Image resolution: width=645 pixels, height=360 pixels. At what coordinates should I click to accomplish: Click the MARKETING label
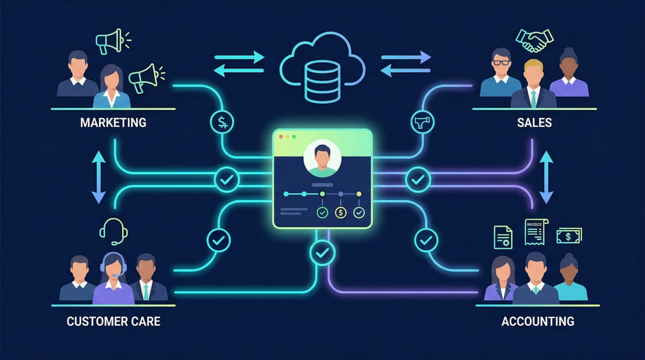pyautogui.click(x=113, y=122)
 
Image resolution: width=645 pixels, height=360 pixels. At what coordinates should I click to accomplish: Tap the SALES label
pyautogui.click(x=534, y=122)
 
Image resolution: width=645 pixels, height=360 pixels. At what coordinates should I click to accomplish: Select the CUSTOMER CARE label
pyautogui.click(x=113, y=320)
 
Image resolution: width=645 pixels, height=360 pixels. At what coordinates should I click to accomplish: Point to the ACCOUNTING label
pyautogui.click(x=537, y=320)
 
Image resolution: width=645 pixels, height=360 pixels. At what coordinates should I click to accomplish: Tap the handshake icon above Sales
pyautogui.click(x=535, y=41)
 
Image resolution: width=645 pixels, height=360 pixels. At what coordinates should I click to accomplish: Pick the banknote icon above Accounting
pyautogui.click(x=568, y=236)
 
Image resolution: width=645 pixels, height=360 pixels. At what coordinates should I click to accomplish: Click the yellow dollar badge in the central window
pyautogui.click(x=340, y=212)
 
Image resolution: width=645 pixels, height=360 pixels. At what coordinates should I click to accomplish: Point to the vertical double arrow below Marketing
pyautogui.click(x=98, y=178)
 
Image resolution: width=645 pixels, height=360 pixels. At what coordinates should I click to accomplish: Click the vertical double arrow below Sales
pyautogui.click(x=546, y=178)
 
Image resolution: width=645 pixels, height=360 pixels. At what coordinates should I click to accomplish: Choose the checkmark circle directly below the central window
pyautogui.click(x=322, y=253)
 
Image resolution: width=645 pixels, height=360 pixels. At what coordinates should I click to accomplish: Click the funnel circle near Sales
pyautogui.click(x=422, y=121)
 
